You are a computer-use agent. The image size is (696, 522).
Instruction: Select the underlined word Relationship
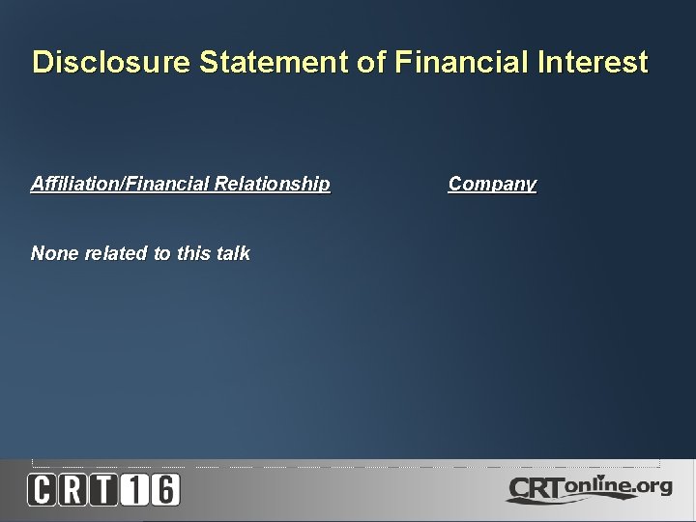[x=276, y=184]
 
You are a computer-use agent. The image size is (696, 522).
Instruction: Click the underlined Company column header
[x=492, y=184]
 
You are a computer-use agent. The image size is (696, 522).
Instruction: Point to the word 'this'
[x=192, y=254]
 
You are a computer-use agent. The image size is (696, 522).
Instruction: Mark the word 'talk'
[x=232, y=254]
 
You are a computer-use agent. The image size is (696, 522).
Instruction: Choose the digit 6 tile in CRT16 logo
[x=164, y=490]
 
